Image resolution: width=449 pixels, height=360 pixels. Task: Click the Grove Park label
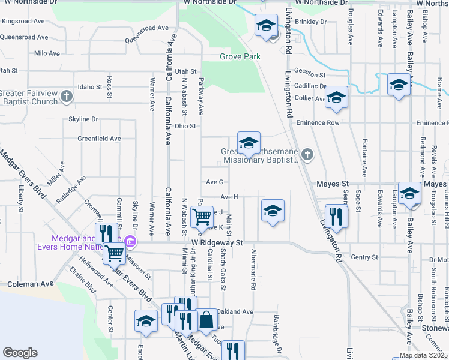(240, 57)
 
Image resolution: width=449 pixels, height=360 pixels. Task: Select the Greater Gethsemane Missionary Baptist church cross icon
(307, 155)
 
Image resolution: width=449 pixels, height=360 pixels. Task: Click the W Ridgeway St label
(217, 243)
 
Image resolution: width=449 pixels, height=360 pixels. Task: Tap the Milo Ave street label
(47, 53)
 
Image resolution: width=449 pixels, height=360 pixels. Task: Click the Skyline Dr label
(83, 119)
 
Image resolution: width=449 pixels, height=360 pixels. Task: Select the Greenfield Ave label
(99, 138)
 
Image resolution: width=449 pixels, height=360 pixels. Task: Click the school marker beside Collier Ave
(337, 97)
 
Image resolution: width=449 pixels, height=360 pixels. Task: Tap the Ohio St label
(185, 126)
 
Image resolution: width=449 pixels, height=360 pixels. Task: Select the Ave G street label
(214, 182)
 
